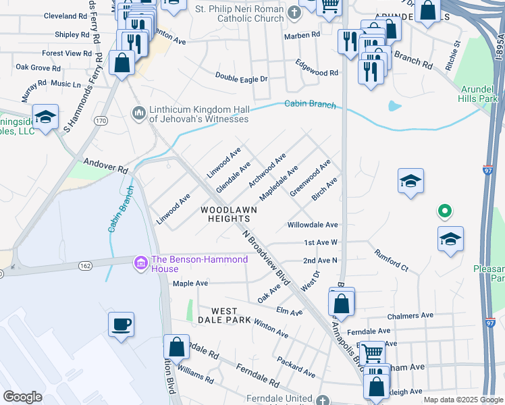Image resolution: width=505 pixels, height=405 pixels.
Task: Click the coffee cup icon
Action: (x=121, y=324)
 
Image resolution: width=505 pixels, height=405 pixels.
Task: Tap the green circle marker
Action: (x=444, y=212)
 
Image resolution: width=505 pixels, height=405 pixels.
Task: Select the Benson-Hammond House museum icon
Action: (x=140, y=261)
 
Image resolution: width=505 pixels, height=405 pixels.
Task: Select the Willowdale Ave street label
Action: (x=312, y=225)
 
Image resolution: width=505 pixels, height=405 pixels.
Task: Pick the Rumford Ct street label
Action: (x=392, y=259)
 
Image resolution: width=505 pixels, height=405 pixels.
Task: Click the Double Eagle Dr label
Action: (x=242, y=78)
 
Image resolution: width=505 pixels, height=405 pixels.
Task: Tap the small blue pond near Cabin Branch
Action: (x=394, y=106)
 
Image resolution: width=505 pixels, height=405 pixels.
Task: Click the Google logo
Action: (x=22, y=397)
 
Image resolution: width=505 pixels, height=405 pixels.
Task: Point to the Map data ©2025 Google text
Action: (x=462, y=400)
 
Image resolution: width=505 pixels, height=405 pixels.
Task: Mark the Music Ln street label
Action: (x=65, y=84)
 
